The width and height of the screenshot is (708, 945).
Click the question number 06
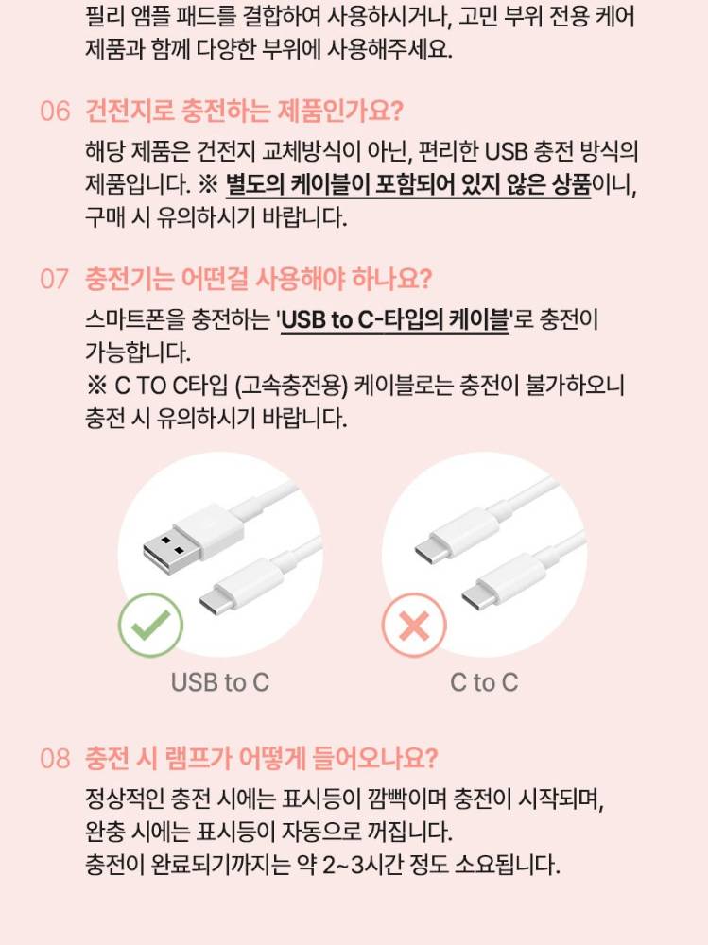click(x=55, y=112)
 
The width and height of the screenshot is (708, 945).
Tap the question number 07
click(x=54, y=279)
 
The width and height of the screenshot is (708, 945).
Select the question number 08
click(x=55, y=759)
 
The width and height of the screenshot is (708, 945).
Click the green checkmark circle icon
click(x=150, y=625)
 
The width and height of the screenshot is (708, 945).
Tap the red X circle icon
click(x=414, y=625)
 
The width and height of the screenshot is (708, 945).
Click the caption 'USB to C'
click(x=220, y=683)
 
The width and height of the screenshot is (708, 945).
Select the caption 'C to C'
click(x=484, y=683)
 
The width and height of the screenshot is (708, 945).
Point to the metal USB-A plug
click(x=164, y=550)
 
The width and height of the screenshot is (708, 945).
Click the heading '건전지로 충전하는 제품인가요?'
click(x=244, y=112)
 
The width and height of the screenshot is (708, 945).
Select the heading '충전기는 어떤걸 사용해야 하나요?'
click(x=259, y=279)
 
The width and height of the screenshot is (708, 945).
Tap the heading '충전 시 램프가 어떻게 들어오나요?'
click(x=261, y=759)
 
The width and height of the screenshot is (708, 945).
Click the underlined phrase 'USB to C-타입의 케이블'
click(x=395, y=319)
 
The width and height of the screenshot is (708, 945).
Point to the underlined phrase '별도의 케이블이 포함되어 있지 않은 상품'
click(x=408, y=184)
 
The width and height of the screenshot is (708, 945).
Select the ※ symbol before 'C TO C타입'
click(x=96, y=386)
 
